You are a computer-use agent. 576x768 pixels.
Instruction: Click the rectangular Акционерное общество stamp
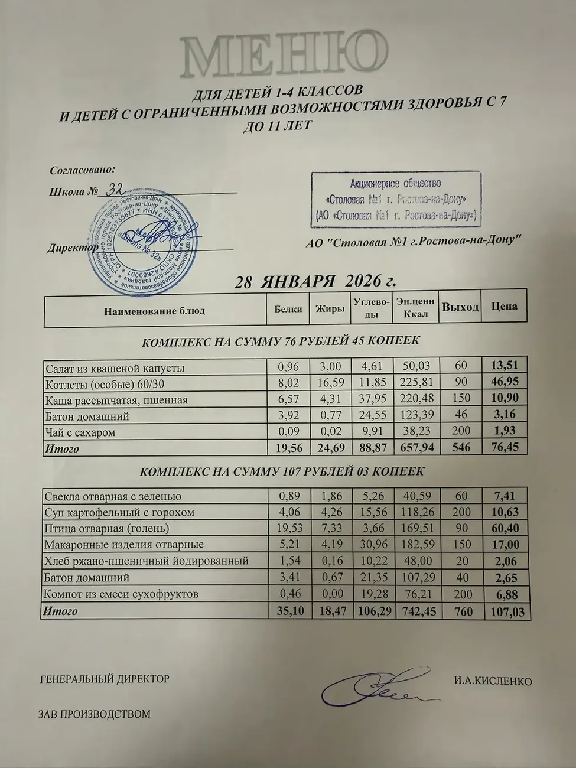pyautogui.click(x=396, y=199)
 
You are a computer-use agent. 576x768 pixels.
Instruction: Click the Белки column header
pyautogui.click(x=288, y=309)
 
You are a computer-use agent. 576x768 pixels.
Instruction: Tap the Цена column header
pyautogui.click(x=504, y=306)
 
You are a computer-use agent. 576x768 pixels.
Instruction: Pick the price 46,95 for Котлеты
pyautogui.click(x=504, y=383)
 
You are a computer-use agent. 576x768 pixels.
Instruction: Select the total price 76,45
pyautogui.click(x=504, y=448)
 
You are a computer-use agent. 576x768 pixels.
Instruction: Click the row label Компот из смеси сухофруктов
pyautogui.click(x=122, y=594)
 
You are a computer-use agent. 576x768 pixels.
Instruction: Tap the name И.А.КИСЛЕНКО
pyautogui.click(x=493, y=681)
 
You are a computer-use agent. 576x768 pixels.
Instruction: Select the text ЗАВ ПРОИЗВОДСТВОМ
pyautogui.click(x=95, y=714)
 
